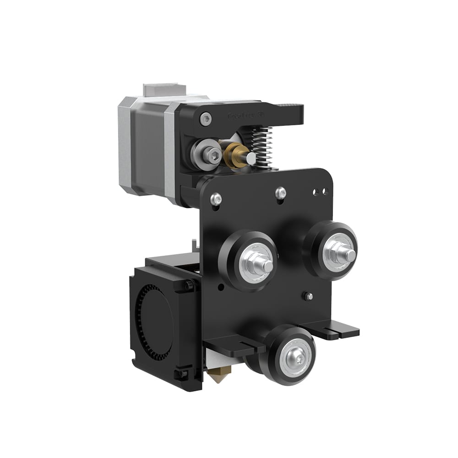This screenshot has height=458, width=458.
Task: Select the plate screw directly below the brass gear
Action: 281,192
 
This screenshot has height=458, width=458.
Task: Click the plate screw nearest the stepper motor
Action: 216,199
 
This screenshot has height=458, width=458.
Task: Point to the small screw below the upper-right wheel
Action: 309,296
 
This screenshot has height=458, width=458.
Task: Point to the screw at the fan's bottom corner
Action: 183,374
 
